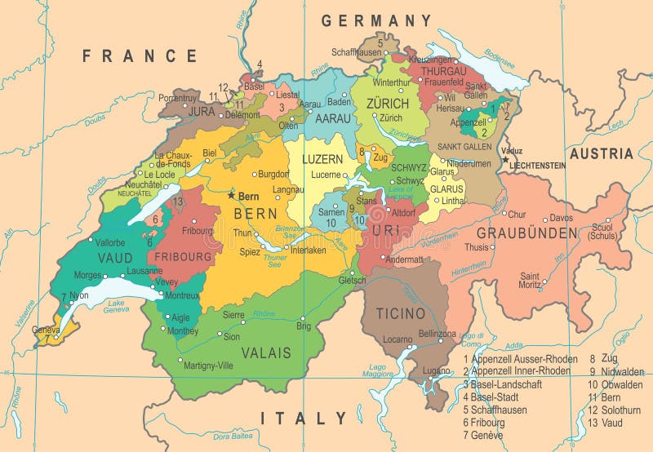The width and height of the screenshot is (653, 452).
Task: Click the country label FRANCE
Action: click(x=140, y=56)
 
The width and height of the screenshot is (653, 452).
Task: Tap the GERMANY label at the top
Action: click(x=376, y=20)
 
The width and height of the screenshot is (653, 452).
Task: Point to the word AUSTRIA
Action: click(x=602, y=153)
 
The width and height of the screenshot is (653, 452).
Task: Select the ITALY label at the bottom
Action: click(x=304, y=419)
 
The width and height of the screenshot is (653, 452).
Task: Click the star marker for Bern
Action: click(x=232, y=196)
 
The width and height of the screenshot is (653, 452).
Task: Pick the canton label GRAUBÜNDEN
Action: click(x=526, y=233)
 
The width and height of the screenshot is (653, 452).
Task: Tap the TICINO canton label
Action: click(x=401, y=313)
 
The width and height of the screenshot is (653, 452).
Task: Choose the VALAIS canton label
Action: click(x=265, y=353)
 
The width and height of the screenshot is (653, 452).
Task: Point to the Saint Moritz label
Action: click(x=529, y=280)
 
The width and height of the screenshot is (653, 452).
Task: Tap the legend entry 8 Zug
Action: click(x=605, y=358)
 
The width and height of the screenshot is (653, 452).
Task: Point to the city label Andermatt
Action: click(x=404, y=259)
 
